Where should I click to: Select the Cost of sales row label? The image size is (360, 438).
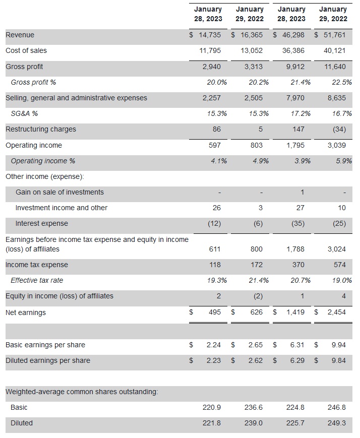point(26,51)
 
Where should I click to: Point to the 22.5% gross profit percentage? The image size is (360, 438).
point(341,82)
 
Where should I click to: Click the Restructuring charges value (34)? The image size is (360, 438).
point(339,130)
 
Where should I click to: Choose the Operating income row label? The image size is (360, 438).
point(34,145)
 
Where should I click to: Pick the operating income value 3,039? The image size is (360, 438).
point(336,145)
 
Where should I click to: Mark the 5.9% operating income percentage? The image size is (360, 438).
point(343,161)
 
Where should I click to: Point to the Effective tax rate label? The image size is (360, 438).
point(37,281)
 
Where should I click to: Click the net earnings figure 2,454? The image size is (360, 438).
point(336,312)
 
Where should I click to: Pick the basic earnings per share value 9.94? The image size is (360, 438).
point(338,345)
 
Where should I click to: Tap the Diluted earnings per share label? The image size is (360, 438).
point(48,361)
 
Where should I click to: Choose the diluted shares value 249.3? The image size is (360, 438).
point(336,423)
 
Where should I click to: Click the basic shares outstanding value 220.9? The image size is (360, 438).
point(211,407)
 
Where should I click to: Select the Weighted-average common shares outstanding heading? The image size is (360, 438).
point(82,392)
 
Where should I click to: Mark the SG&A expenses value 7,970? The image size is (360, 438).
point(295,98)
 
